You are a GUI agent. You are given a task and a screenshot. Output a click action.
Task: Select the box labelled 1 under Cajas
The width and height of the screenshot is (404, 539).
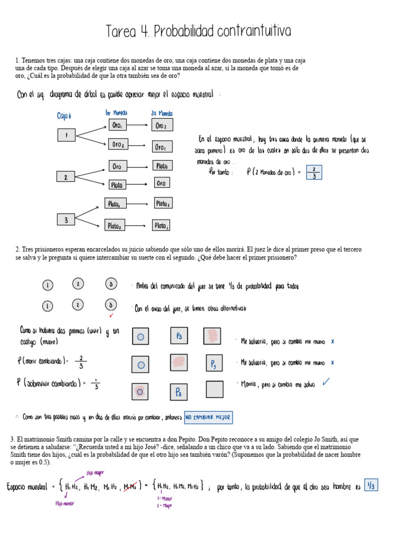(x=66, y=135)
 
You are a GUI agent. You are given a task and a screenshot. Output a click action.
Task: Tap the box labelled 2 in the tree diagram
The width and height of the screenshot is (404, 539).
(x=66, y=177)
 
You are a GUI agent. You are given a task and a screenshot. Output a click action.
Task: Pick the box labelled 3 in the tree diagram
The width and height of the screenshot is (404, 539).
(x=66, y=219)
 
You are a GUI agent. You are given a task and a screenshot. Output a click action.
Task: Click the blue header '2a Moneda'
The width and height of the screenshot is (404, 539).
(x=161, y=113)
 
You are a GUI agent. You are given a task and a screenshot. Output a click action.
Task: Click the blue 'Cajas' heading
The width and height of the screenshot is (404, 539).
(x=64, y=115)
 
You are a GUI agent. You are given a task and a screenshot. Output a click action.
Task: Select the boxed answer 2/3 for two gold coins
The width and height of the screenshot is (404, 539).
(x=314, y=172)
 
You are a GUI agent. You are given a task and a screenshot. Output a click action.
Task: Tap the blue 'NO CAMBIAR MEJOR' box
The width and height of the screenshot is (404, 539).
(x=208, y=417)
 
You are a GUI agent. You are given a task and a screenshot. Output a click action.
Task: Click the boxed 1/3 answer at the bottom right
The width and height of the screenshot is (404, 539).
(x=371, y=486)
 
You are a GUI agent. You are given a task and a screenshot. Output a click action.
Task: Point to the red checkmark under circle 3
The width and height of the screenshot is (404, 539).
(x=110, y=316)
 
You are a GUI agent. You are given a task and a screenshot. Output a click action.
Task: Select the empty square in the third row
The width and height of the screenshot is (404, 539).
(x=214, y=390)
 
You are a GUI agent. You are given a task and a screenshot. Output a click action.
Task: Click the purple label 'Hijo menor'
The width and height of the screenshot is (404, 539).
(x=65, y=504)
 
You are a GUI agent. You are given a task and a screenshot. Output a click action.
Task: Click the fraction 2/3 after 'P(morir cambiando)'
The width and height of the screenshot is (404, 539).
(x=82, y=362)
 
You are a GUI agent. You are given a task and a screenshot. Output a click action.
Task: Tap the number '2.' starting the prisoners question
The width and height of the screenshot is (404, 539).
(x=18, y=249)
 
